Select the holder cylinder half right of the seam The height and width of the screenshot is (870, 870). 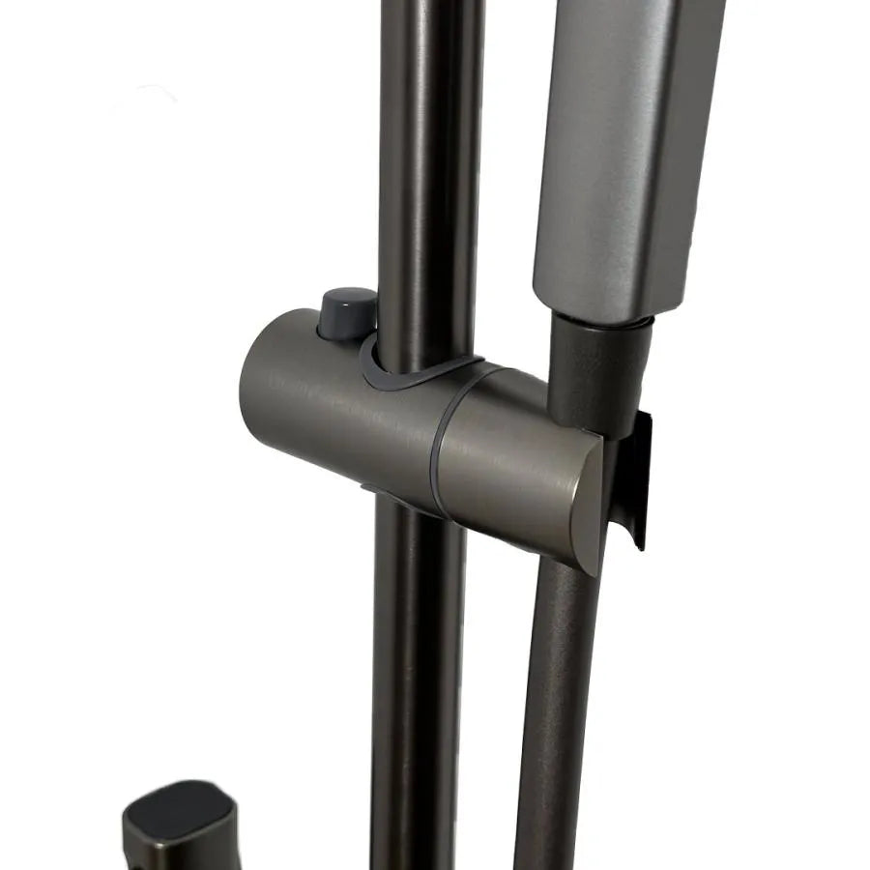click(512, 454)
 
